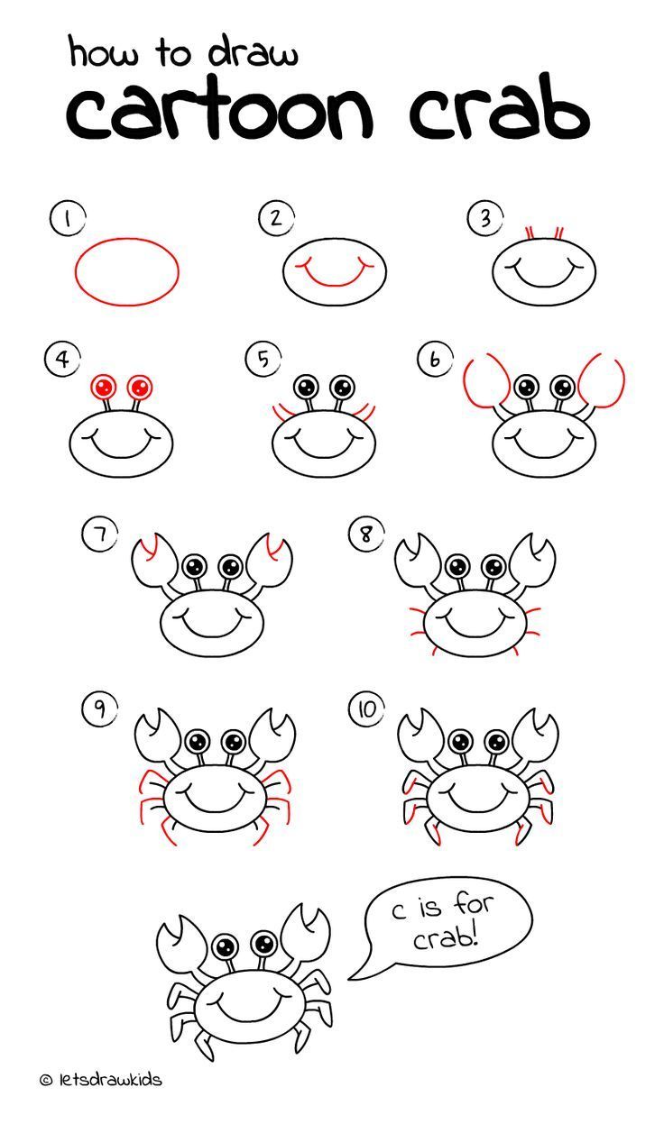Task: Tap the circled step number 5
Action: [261, 360]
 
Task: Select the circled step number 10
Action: [365, 709]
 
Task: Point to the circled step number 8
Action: [365, 535]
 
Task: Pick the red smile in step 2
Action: [335, 274]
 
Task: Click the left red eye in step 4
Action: [104, 388]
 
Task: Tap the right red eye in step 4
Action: [139, 388]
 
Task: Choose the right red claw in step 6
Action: [603, 382]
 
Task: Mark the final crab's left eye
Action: [226, 946]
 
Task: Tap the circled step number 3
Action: [484, 218]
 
